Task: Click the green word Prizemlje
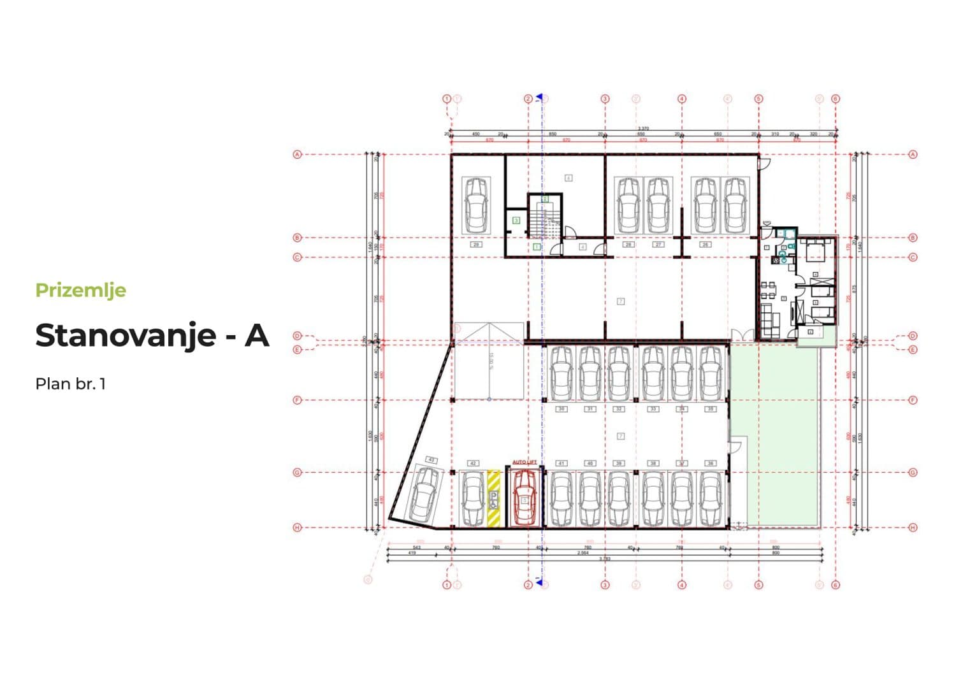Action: (80, 291)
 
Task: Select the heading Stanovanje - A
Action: (152, 335)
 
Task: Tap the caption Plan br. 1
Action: (70, 384)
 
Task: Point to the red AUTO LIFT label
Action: (524, 462)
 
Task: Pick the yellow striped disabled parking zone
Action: (494, 498)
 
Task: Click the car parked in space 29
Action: (476, 205)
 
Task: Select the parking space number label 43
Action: (431, 459)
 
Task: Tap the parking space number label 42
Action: (473, 463)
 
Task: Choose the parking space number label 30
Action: (561, 409)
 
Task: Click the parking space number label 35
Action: (711, 409)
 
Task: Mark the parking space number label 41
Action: (561, 463)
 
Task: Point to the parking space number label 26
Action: (705, 244)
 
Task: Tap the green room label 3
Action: (516, 220)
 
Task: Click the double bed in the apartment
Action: (815, 251)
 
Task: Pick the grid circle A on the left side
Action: (296, 154)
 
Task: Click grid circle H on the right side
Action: (913, 528)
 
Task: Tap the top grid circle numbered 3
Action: (605, 99)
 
